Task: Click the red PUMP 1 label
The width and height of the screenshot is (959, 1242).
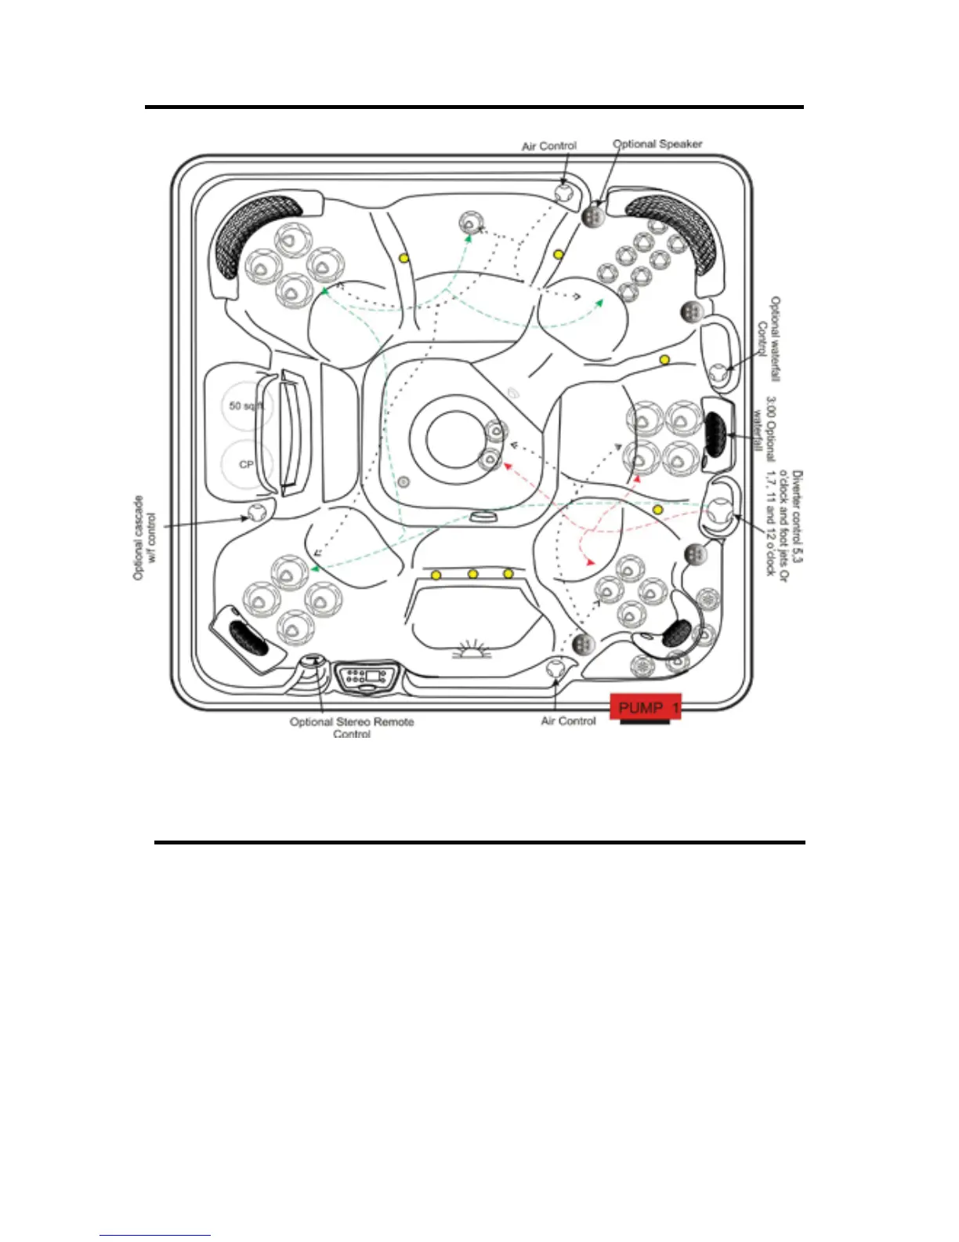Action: point(646,707)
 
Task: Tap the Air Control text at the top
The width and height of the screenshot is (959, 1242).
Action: point(548,146)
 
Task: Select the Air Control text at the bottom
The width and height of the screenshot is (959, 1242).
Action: point(568,721)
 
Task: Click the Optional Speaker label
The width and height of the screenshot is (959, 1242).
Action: point(657,143)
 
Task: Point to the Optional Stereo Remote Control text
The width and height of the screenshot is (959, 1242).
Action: point(352,727)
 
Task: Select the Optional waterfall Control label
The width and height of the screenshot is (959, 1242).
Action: point(768,338)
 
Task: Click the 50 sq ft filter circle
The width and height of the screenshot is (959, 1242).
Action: point(245,406)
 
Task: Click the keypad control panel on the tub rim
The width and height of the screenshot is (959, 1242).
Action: point(367,677)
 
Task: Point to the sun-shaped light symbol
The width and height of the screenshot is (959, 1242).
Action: point(472,649)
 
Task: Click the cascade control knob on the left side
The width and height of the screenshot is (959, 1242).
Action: point(256,514)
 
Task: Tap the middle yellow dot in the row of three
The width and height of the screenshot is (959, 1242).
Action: point(472,575)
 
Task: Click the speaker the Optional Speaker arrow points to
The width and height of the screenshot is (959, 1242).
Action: point(592,216)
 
